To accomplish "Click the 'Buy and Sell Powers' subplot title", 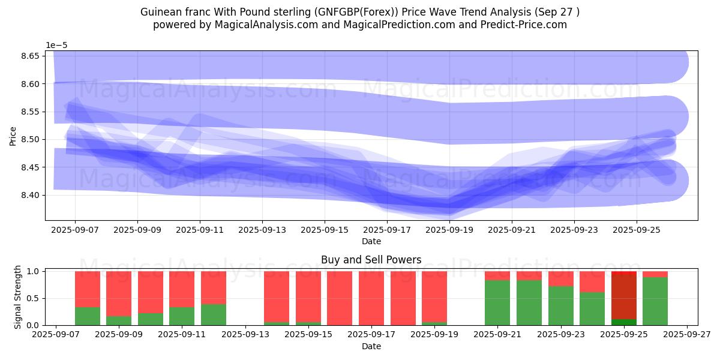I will click(x=371, y=260).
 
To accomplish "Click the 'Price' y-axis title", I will click(x=13, y=136).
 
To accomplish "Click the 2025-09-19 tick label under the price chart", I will click(x=449, y=229).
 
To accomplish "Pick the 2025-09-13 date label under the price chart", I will click(x=262, y=229).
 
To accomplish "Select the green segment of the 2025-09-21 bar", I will click(x=497, y=302).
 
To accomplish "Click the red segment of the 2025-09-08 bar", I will click(x=88, y=289).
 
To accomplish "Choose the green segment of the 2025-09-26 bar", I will click(x=655, y=301).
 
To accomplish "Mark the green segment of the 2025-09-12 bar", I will click(x=214, y=314).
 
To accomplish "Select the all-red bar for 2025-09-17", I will click(x=371, y=298).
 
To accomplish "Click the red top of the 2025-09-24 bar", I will click(x=592, y=281).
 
